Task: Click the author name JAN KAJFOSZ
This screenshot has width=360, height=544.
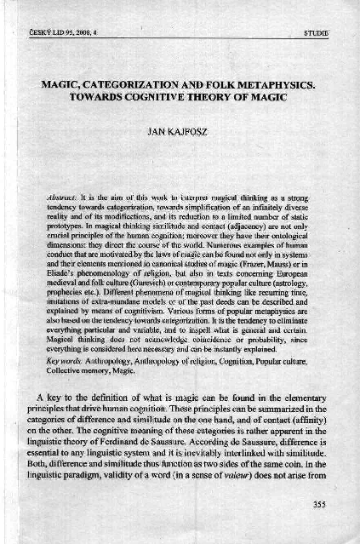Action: pyautogui.click(x=180, y=133)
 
